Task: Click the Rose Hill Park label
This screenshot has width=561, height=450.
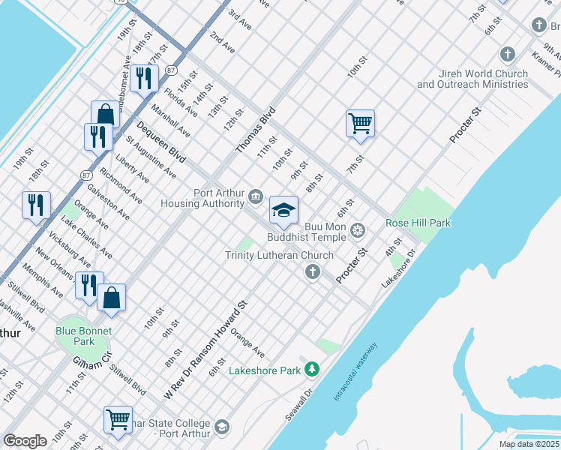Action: click(x=418, y=223)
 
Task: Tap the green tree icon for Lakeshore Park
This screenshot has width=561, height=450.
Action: click(x=312, y=369)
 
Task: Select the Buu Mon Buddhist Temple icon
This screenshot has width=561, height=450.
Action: click(x=357, y=229)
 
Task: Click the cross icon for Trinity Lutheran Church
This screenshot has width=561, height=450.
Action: click(x=312, y=272)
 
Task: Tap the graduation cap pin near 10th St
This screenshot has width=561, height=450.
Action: click(x=284, y=211)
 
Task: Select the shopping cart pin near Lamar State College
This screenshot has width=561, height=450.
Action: click(x=118, y=420)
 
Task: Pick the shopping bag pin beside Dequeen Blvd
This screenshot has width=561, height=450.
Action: click(x=105, y=115)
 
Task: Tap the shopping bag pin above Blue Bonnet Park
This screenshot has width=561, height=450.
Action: click(x=111, y=298)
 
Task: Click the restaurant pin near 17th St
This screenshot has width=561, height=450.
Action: click(x=143, y=78)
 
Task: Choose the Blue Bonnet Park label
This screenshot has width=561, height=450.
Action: click(x=84, y=336)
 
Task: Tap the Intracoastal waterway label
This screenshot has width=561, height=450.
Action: click(x=356, y=372)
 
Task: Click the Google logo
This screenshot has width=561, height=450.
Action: click(x=25, y=441)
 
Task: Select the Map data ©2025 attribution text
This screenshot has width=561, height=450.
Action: click(x=529, y=444)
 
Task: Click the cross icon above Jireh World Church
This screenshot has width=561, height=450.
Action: click(x=508, y=55)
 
